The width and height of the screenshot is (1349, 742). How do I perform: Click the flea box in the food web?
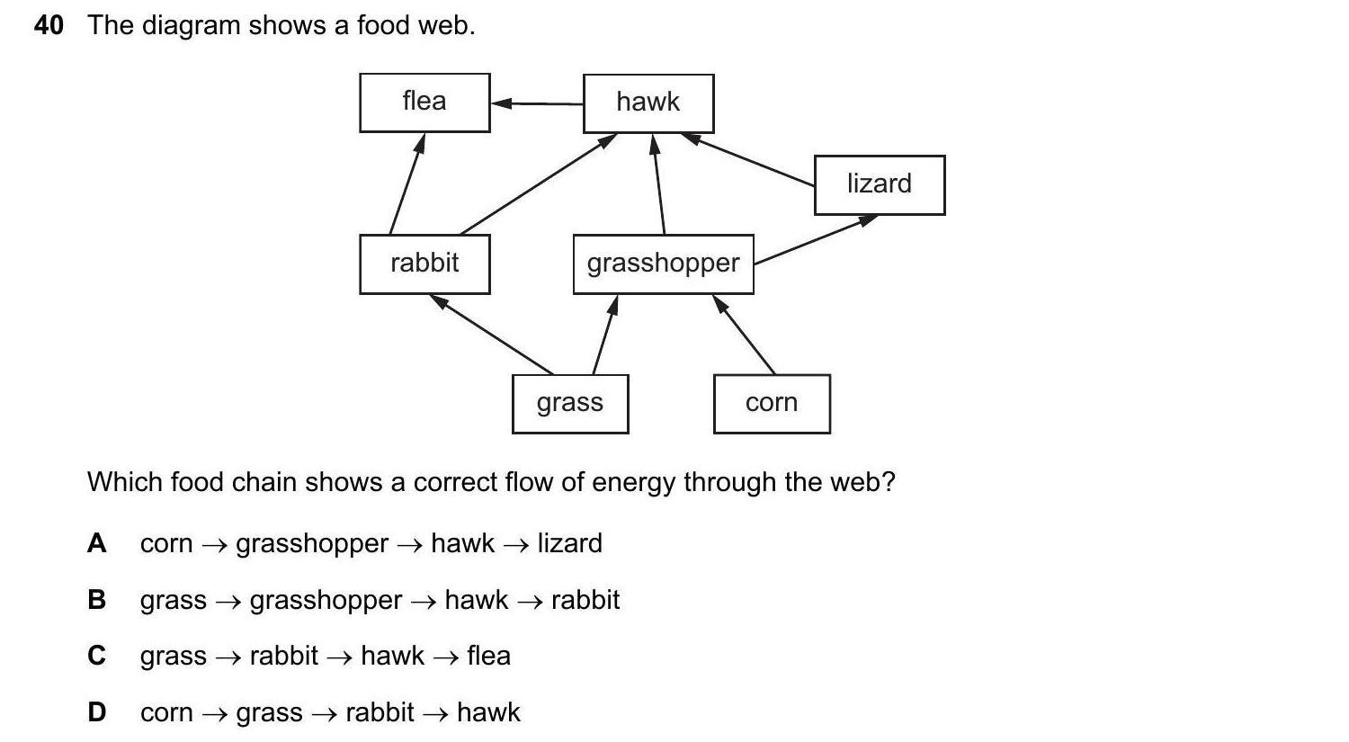(x=424, y=103)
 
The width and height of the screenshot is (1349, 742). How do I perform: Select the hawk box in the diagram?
(x=648, y=103)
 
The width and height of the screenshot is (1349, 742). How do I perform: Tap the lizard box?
(x=880, y=184)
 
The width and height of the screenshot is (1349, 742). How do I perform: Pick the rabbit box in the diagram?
(x=424, y=264)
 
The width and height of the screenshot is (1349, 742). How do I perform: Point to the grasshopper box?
(x=663, y=264)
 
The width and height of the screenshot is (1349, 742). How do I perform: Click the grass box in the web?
(x=570, y=403)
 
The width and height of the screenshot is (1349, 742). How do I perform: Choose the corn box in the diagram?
(x=772, y=403)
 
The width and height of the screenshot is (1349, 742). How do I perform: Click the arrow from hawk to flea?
(x=537, y=103)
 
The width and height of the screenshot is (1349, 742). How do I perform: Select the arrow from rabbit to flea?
(x=406, y=183)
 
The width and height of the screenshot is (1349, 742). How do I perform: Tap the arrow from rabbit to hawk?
(x=538, y=184)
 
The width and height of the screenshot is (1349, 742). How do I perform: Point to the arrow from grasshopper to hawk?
(x=659, y=184)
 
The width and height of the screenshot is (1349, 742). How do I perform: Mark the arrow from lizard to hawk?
(x=748, y=160)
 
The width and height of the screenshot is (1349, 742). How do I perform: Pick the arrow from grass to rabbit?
(x=492, y=335)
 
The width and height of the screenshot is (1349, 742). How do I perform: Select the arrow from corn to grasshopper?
(x=745, y=334)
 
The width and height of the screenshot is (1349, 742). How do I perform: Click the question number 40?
(x=49, y=25)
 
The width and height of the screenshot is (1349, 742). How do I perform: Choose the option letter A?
(x=96, y=543)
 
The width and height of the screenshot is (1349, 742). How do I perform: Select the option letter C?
(x=96, y=656)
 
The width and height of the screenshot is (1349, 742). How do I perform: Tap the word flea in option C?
(x=488, y=656)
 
